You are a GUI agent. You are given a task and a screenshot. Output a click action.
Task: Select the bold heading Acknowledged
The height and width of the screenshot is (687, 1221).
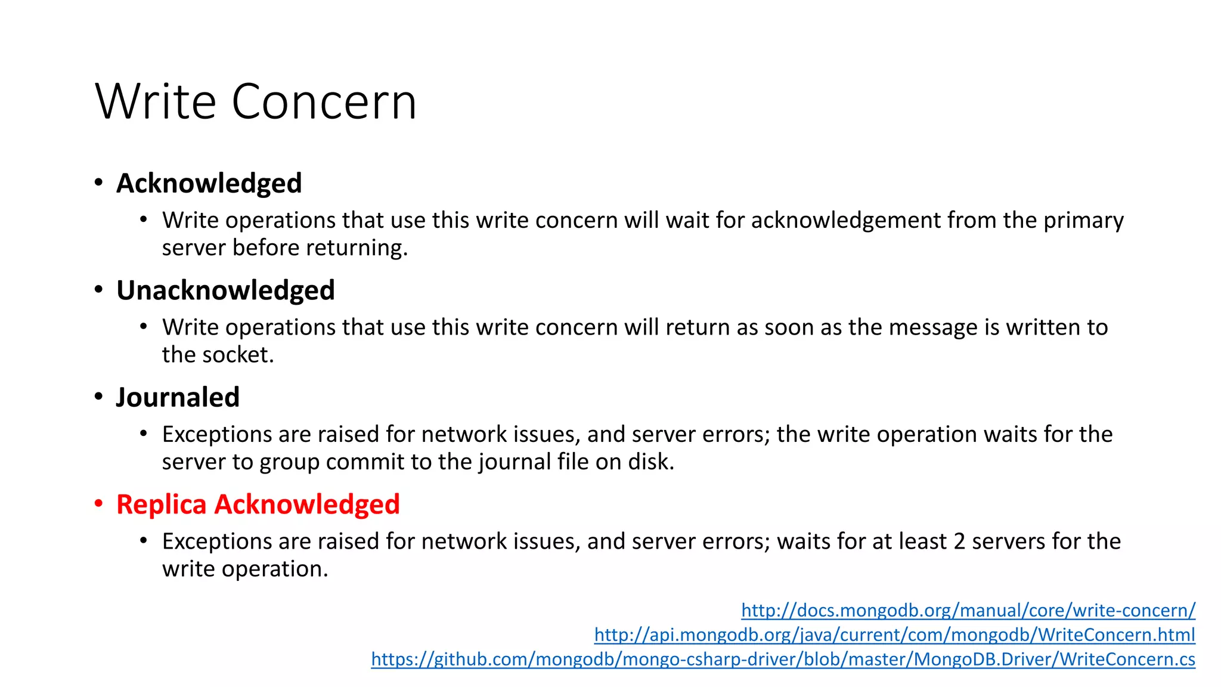[209, 183]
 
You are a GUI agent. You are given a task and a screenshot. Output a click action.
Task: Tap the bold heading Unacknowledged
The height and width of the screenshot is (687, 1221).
[225, 290]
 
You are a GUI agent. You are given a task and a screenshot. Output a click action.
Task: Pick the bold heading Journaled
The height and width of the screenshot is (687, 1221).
[178, 397]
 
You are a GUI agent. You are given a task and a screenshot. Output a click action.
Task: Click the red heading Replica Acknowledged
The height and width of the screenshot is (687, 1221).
[258, 505]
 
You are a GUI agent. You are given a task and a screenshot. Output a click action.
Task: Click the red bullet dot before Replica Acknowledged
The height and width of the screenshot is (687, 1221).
[99, 504]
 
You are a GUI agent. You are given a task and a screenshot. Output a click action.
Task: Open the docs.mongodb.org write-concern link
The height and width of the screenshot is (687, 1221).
[968, 610]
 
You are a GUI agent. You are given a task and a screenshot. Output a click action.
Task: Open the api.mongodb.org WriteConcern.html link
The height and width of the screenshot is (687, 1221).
[894, 635]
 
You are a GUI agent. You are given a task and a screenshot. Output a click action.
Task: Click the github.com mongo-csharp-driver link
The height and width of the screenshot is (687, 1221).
[783, 659]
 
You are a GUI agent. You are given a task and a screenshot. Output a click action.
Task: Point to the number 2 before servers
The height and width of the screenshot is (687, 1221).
[959, 541]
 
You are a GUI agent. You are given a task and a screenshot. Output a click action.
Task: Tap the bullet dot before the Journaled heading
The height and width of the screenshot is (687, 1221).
[99, 397]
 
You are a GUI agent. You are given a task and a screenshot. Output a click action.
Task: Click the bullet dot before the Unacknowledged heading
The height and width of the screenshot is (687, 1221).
[99, 290]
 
